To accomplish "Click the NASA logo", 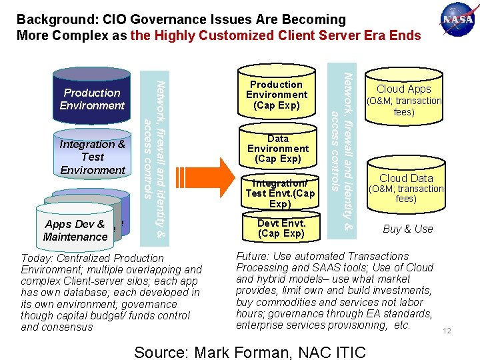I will click(457, 20).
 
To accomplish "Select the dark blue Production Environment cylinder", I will click(92, 99).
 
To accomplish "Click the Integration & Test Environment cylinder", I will click(93, 157).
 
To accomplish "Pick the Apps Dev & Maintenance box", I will click(75, 230).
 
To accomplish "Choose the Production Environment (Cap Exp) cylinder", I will click(276, 94).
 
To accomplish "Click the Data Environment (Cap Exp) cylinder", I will click(277, 148).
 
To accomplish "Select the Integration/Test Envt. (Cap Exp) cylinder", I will click(280, 193).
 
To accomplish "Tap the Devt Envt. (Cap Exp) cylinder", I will click(281, 227).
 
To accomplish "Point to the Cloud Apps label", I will click(404, 89).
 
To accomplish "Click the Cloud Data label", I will click(406, 178).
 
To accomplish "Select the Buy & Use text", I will click(407, 229).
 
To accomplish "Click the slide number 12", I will click(447, 331).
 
